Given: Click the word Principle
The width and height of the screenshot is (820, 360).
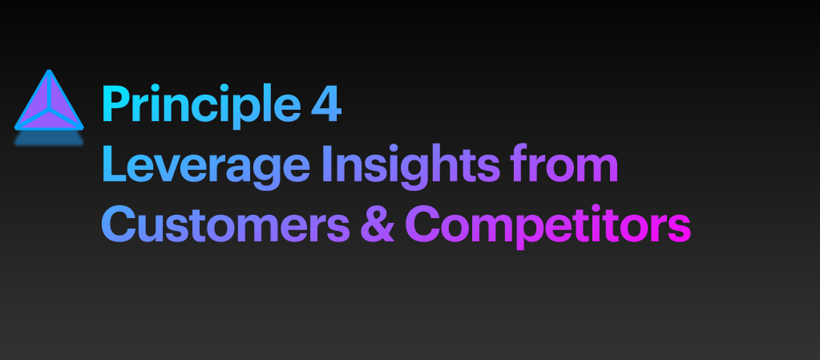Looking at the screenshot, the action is pos(201,106).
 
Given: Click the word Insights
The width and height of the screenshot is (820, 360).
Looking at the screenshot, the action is pos(411,164).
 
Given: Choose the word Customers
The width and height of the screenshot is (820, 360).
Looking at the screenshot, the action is pos(225,224).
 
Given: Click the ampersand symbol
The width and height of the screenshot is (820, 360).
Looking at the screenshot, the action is pos(377,224).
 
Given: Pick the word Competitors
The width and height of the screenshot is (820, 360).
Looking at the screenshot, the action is pos(548,225).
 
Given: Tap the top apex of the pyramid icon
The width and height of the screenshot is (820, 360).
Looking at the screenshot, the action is pos(49,71).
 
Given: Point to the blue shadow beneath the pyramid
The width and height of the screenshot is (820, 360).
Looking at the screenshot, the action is pos(49,138).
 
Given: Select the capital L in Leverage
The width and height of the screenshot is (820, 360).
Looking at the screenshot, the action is pos(115,164).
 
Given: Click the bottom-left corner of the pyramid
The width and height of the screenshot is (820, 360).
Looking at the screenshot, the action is pos(16,128).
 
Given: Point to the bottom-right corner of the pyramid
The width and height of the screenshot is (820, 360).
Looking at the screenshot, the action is pos(82,128).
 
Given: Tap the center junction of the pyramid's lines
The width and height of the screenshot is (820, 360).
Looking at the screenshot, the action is pos(49,111).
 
